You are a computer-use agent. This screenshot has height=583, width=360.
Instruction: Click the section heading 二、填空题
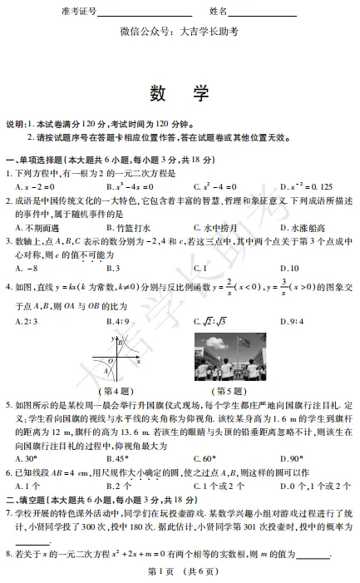pos(35,499)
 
